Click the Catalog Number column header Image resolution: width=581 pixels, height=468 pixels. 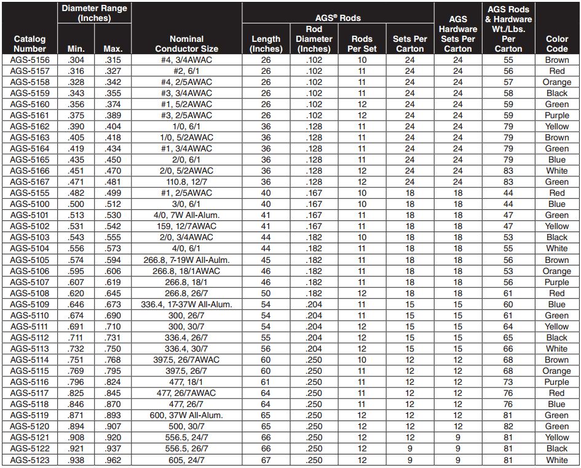(30, 43)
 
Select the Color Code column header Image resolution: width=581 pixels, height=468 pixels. (556, 43)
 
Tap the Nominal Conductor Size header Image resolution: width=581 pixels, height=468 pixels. (187, 43)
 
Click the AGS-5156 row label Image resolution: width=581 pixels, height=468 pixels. (30, 60)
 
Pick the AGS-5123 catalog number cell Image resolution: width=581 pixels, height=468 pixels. (30, 460)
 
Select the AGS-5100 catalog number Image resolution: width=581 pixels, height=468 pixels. (30, 204)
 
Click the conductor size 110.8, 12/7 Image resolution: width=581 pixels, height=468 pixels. (187, 182)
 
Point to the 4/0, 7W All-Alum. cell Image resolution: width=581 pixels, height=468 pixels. (187, 216)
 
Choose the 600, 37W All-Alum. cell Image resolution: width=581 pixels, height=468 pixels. (187, 416)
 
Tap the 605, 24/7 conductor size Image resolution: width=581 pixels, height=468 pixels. (187, 460)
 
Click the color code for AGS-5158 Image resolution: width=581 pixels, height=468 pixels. (556, 83)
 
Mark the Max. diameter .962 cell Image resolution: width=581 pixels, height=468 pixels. (113, 460)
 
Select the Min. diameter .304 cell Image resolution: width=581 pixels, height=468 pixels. (76, 60)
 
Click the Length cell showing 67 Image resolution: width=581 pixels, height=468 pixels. (266, 460)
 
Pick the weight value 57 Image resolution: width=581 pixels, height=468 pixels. (508, 83)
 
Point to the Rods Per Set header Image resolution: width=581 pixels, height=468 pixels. (362, 43)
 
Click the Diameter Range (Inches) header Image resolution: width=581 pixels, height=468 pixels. (94, 13)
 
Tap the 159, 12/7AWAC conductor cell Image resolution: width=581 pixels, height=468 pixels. (187, 227)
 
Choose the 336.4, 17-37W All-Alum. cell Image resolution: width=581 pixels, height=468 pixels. (187, 304)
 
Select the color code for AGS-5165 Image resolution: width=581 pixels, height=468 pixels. (556, 160)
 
